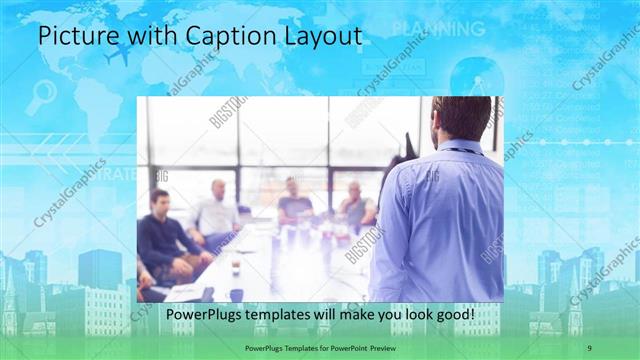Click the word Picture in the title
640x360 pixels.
(x=73, y=36)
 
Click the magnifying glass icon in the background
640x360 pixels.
(x=41, y=96)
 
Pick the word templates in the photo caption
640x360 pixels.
(x=278, y=315)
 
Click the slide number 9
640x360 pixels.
(x=589, y=346)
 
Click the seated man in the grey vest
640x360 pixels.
(x=356, y=207)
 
